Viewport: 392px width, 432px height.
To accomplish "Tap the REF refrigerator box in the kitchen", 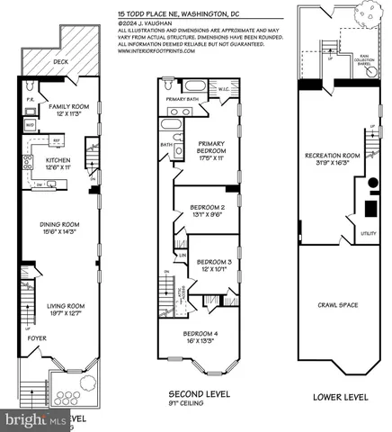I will click(x=56, y=140).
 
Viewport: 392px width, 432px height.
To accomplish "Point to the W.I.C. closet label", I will click(x=224, y=88).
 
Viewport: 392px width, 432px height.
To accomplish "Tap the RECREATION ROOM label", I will click(x=333, y=156).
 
